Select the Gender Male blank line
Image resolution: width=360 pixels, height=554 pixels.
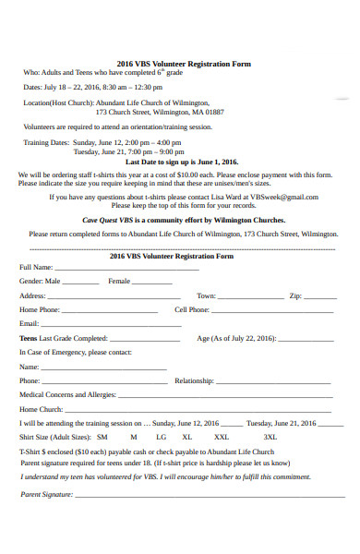[81, 283]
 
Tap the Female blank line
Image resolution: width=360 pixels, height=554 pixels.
[151, 283]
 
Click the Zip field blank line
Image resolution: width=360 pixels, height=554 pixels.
[320, 297]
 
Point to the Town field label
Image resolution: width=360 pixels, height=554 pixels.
[206, 295]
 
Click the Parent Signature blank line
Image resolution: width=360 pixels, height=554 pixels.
[194, 496]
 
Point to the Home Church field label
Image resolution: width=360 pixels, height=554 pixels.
[42, 409]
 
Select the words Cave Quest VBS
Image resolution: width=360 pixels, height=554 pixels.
[110, 221]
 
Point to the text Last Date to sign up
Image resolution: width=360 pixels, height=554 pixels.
[189, 161]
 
